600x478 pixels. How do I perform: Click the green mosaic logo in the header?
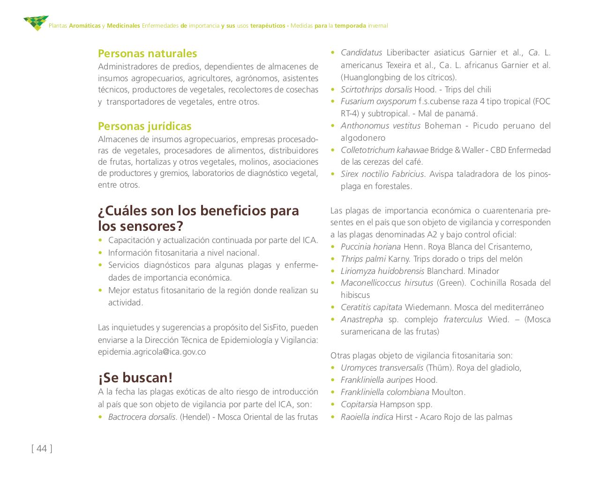[36, 23]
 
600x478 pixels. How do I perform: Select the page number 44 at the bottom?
[42, 448]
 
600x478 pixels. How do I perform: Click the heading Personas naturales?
[147, 53]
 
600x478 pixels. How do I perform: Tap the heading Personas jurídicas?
[144, 126]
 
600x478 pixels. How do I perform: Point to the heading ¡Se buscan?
[135, 378]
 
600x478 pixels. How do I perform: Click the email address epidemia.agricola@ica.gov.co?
[151, 352]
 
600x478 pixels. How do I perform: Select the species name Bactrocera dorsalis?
[142, 417]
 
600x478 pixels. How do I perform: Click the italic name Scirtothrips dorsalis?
[376, 90]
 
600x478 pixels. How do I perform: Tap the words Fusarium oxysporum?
[378, 101]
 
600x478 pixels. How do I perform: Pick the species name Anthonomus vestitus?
[380, 126]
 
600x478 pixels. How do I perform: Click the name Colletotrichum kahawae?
[384, 150]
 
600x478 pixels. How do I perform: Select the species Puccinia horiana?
[370, 247]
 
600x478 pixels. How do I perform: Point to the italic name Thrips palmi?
[363, 259]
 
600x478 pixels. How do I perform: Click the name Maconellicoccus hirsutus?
[387, 283]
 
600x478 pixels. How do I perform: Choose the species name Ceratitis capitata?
[371, 307]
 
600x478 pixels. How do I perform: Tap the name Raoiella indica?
[367, 417]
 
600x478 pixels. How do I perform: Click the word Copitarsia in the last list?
[359, 404]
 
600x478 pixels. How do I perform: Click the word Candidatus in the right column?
[361, 53]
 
